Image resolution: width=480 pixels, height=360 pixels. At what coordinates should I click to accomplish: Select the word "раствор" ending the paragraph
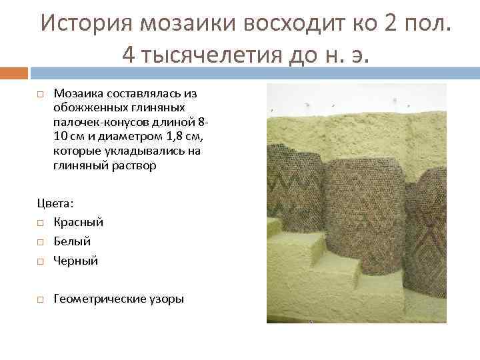133,166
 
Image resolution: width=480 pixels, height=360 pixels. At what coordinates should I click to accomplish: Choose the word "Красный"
78,221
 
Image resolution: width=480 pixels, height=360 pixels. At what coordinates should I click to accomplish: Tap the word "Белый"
72,241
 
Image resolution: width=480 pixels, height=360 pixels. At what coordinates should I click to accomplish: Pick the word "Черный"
75,260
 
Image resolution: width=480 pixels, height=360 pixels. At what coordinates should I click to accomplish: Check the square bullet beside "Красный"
41,222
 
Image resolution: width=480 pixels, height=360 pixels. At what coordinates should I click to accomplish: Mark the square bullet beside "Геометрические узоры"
41,299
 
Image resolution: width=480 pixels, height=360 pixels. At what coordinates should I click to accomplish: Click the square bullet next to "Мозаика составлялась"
41,93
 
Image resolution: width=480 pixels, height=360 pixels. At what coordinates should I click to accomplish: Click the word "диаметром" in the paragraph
110,137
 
